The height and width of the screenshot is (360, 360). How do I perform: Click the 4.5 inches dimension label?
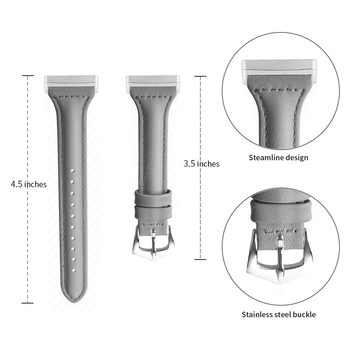click(29, 184)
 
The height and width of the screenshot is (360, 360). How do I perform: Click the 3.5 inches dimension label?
click(201, 164)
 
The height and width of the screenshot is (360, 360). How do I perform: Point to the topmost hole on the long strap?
click(72, 171)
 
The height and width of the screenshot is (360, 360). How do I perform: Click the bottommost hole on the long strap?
click(74, 270)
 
